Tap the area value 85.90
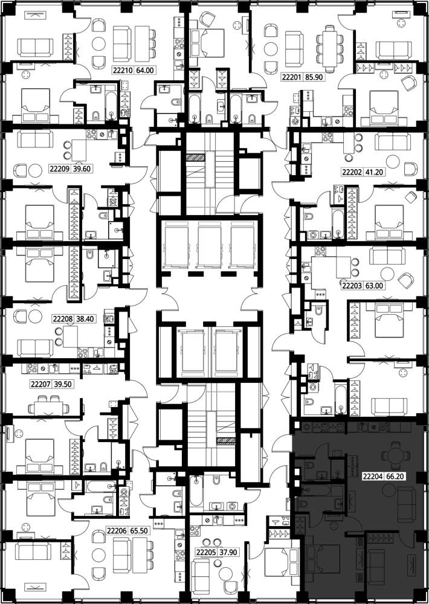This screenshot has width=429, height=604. coord(314,77)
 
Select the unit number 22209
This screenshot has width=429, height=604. coord(59,169)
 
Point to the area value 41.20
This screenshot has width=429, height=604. coord(374,172)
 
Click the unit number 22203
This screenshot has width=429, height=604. coord(351,286)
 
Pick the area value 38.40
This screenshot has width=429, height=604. coord(86,319)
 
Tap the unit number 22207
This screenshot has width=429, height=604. coord(39,384)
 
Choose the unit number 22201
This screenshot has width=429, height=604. coord(291,77)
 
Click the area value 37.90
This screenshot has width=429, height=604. coord(228,553)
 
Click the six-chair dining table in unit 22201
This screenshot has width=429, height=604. coord(329,49)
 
